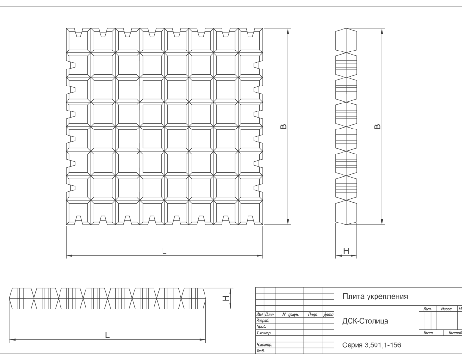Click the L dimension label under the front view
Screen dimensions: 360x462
pos(164,251)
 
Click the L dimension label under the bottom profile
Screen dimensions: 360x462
pos(107,335)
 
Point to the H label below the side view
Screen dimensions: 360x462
pos(346,251)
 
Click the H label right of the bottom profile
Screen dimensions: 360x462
pos(226,298)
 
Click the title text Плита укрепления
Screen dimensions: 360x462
pos(375,297)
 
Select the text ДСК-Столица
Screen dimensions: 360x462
pos(365,321)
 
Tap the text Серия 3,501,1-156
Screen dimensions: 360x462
pos(371,345)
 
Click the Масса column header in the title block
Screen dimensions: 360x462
pos(446,309)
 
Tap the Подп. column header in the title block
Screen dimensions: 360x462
pos(312,314)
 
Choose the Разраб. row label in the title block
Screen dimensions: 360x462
pos(263,320)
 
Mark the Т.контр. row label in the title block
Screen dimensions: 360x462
pos(264,333)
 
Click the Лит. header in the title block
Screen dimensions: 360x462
pos(428,309)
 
